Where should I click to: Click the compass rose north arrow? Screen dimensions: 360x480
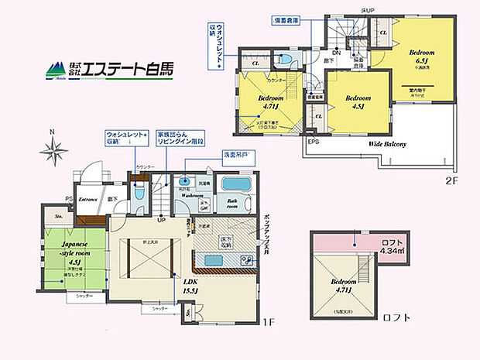click(52, 145)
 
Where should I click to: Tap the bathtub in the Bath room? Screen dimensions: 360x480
click(233, 187)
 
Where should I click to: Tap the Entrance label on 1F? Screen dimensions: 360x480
click(92, 199)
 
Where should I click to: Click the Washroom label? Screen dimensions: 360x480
click(194, 197)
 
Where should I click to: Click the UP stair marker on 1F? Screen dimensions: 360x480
click(160, 220)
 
